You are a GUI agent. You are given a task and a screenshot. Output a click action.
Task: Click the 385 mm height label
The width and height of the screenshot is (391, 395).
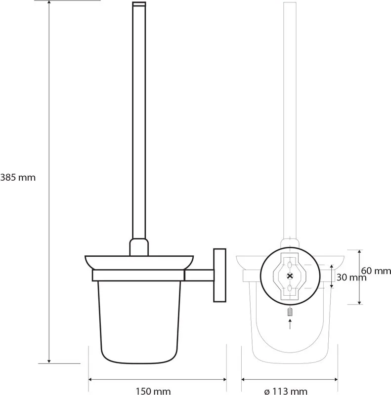pos(18,178)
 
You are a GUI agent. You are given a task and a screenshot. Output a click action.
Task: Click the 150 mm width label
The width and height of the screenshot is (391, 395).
pos(153,391)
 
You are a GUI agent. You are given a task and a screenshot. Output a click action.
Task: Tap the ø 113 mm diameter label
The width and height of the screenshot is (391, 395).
pos(286,391)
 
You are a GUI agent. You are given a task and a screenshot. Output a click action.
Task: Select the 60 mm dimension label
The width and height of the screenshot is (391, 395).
pos(376,271)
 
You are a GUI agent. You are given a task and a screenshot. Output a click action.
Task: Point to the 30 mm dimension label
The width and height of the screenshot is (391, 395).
pos(351,277)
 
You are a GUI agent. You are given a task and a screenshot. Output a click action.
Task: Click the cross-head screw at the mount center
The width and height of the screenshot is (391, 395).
pos(290,276)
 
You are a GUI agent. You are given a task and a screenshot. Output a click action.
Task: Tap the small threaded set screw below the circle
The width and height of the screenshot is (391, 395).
pos(290,312)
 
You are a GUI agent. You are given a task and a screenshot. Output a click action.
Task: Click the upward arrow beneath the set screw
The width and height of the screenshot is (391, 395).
pos(290,324)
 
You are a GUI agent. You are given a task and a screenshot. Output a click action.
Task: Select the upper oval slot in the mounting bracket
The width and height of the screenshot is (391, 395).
pos(290,265)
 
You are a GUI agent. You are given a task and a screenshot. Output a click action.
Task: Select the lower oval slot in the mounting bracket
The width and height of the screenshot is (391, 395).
pos(290,288)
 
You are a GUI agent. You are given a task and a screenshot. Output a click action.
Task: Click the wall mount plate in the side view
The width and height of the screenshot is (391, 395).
pos(219,275)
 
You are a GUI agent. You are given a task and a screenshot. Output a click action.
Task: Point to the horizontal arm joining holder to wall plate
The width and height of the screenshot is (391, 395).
pos(199,276)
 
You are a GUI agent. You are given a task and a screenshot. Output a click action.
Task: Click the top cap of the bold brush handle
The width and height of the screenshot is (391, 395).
pos(139,4)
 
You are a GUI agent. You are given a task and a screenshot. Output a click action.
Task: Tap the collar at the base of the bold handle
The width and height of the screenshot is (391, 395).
pos(139,247)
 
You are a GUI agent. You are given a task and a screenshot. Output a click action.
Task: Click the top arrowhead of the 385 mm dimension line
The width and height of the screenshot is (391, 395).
pos(49,2)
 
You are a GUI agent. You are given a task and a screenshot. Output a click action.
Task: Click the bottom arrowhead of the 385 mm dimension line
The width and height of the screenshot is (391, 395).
pos(49,361)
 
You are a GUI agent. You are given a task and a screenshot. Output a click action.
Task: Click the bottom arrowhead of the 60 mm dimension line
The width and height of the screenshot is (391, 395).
pos(359,302)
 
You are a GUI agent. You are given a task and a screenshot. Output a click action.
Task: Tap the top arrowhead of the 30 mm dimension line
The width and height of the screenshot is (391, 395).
pos(332,267)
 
